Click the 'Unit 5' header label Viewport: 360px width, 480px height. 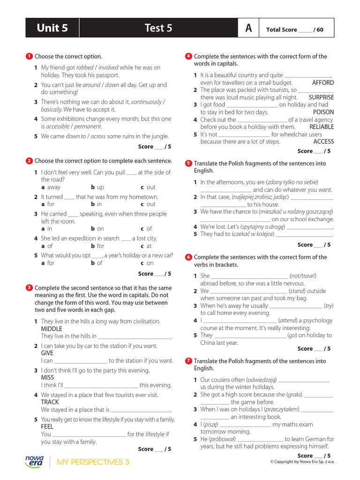tap(52, 28)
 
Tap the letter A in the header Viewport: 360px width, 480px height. tap(248, 28)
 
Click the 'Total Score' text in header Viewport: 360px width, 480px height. tap(282, 30)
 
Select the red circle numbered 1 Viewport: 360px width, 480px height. tap(29, 56)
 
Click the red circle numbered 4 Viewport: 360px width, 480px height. tap(188, 56)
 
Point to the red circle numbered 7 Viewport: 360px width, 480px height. tap(188, 361)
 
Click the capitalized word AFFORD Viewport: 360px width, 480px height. tap(323, 82)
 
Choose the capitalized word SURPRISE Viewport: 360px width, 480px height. tap(322, 97)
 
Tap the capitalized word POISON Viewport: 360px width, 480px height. tap(323, 112)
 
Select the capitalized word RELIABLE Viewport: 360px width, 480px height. tap(322, 127)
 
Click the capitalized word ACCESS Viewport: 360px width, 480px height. tap(323, 142)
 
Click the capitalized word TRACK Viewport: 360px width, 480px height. tap(50, 402)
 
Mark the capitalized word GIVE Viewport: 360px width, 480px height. tap(47, 353)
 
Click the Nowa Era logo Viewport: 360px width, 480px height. tap(34, 461)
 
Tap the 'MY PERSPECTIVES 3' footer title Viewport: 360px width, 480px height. tap(93, 462)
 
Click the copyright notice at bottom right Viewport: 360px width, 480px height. tap(302, 461)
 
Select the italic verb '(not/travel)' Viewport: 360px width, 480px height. tap(303, 276)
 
